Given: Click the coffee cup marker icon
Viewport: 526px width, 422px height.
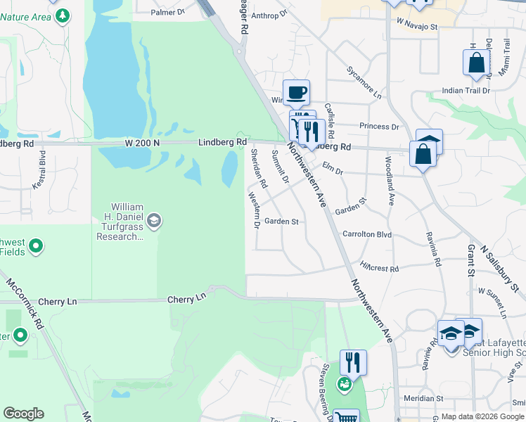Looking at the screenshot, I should [296, 91].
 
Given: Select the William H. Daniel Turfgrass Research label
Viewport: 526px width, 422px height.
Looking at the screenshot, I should [117, 222].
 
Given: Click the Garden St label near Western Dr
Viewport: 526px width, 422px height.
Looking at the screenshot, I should [281, 222].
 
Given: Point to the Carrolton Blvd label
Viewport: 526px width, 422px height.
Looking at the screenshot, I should [366, 234].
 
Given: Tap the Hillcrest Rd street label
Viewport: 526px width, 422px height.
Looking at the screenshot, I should [379, 268].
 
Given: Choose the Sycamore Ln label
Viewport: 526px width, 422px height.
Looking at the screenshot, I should [364, 82].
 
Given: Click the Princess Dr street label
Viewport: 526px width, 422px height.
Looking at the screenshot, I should [378, 127].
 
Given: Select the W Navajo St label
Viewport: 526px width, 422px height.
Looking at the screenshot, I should [417, 26].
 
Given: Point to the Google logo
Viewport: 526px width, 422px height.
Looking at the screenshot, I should [23, 414].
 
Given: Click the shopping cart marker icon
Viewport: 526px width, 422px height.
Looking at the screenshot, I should [345, 416].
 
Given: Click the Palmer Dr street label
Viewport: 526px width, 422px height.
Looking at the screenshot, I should [167, 12].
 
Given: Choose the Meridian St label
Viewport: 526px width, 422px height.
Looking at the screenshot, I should [419, 398].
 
